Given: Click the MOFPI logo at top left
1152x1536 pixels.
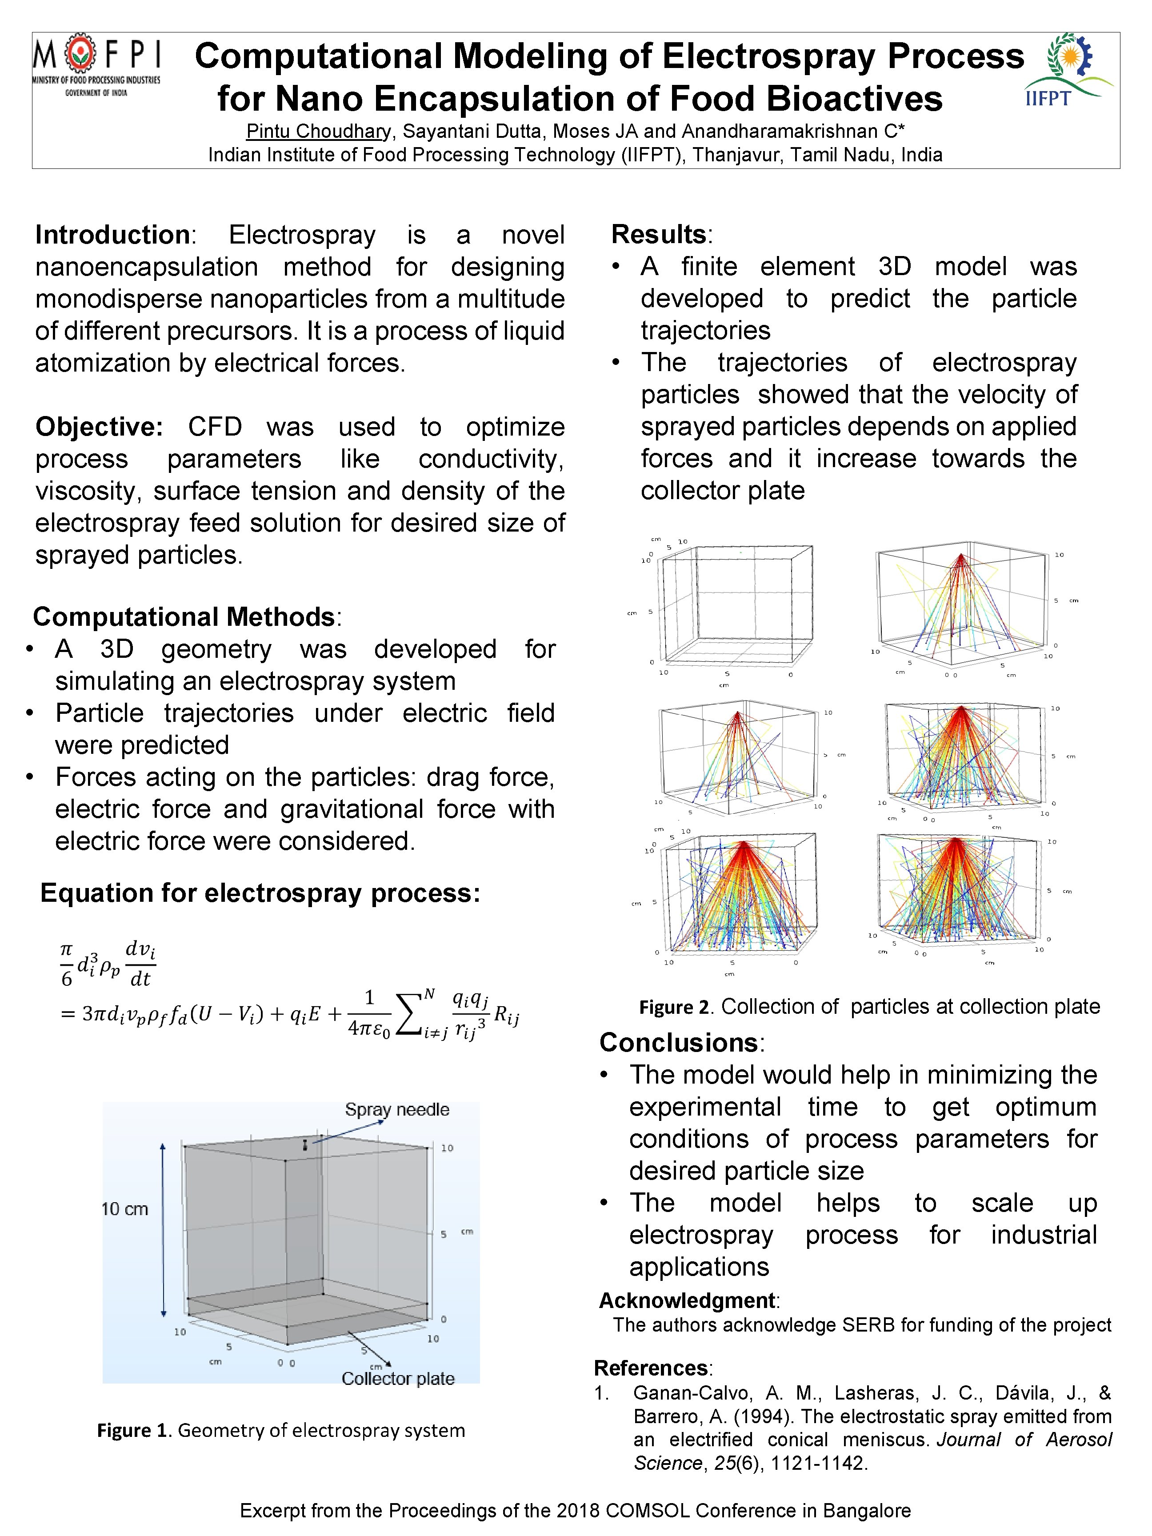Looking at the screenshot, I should (x=96, y=66).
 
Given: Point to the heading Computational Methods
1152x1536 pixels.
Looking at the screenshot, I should (x=184, y=616).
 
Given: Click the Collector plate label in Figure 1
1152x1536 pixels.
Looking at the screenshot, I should (x=398, y=1378).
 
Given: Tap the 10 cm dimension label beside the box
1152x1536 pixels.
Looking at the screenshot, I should (x=125, y=1209).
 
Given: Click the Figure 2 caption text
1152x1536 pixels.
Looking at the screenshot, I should (x=869, y=1006).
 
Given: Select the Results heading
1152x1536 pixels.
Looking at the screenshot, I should (x=658, y=234).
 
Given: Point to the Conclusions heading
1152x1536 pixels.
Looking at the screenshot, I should (x=678, y=1042).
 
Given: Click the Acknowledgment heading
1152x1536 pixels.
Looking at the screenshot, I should (x=687, y=1300).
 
